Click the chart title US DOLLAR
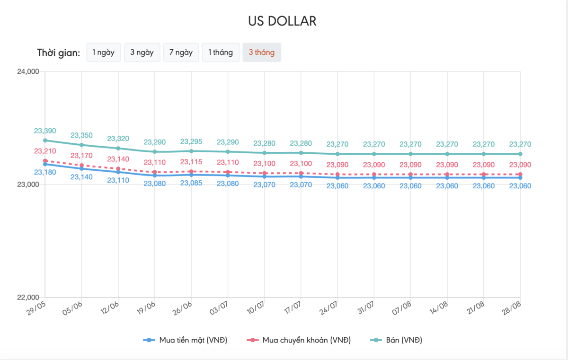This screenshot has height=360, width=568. coord(282,21)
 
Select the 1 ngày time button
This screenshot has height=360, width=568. coord(104,53)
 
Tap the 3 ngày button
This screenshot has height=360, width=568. coord(142,53)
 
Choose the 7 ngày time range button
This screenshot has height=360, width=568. coord(182,53)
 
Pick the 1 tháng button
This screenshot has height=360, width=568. coord(221,53)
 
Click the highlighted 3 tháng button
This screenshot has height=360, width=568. coord(262,53)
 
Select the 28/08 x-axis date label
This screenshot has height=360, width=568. coord(513,308)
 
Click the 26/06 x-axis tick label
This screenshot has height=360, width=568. coord(184,308)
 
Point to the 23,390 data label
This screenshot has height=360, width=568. coord(45,131)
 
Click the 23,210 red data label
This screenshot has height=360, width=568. coord(45,151)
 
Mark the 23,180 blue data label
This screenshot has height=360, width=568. coord(45,172)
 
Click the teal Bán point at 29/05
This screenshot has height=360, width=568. coord(45,140)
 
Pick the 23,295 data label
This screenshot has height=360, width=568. coord(191,141)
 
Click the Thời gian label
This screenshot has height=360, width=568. coord(59,53)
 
